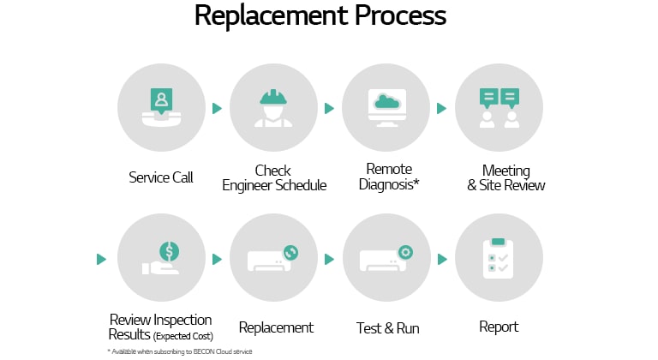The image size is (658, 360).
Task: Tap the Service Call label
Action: pos(161,177)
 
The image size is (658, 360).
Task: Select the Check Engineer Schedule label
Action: pos(274,177)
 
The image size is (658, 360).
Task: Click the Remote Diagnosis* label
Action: pos(389,177)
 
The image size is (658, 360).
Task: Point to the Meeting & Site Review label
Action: pos(506,177)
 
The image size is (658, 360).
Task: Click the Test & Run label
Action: pos(386,327)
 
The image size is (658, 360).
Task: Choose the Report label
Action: pos(499,327)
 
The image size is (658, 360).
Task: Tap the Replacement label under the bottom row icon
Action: pos(276,327)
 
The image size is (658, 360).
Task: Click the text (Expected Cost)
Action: pos(183,335)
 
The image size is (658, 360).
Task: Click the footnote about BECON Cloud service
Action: pos(180,351)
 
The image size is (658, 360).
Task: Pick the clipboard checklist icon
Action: pos(499,258)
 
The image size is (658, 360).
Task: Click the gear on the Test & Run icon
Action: pos(404,252)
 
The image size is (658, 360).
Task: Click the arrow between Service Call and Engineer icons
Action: pos(217,109)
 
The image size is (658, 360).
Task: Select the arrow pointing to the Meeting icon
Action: pos(442,109)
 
